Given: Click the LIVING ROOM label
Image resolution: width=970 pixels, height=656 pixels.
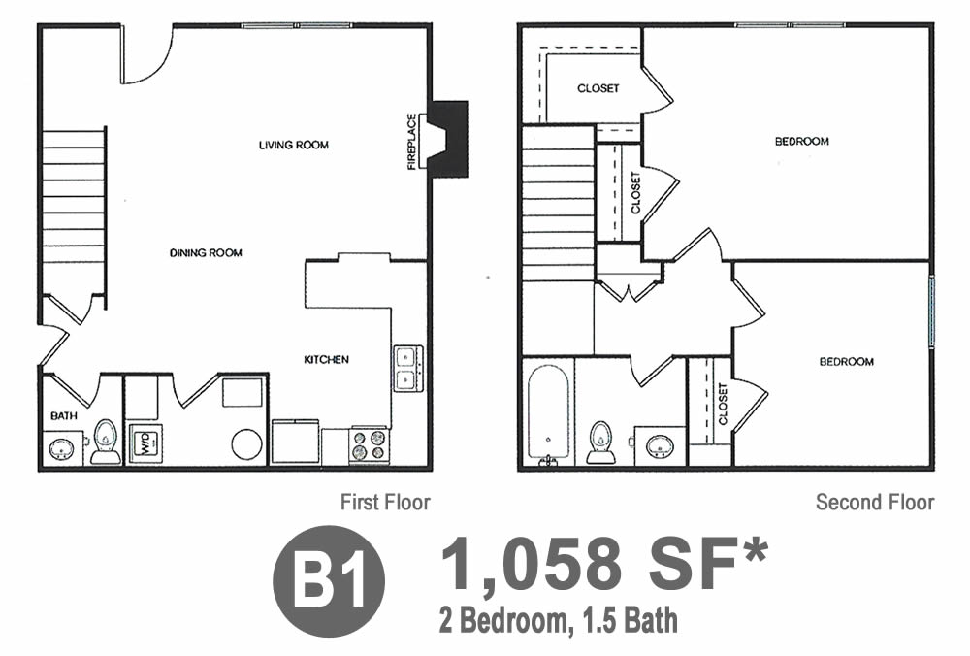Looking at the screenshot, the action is click(294, 145).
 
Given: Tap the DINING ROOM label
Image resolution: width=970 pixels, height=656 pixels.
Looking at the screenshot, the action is click(206, 252).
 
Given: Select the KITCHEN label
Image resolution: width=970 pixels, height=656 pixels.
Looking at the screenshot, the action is click(326, 360).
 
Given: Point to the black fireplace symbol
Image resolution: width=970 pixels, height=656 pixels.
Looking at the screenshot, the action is click(448, 140).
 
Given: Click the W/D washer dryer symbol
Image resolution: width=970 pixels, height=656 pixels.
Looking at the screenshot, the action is click(145, 443).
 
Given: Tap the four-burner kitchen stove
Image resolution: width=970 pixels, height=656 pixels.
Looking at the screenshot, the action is click(370, 445).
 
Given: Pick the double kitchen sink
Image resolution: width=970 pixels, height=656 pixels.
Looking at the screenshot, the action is click(408, 368).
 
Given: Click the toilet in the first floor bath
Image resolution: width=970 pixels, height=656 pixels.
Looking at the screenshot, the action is click(105, 442).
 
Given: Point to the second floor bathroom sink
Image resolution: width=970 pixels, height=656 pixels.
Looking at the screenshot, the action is click(660, 445).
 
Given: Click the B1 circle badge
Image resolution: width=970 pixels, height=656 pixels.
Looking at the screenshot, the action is click(329, 581).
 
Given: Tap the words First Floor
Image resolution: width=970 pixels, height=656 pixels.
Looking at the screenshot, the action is click(385, 502).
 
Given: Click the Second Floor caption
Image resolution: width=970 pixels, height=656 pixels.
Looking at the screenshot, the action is click(875, 502).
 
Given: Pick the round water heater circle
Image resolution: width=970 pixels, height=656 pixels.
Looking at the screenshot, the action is click(247, 445).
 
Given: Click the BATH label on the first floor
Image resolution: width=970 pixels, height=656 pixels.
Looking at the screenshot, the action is click(64, 416).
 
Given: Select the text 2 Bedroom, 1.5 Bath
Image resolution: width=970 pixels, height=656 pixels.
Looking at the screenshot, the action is click(559, 621).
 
